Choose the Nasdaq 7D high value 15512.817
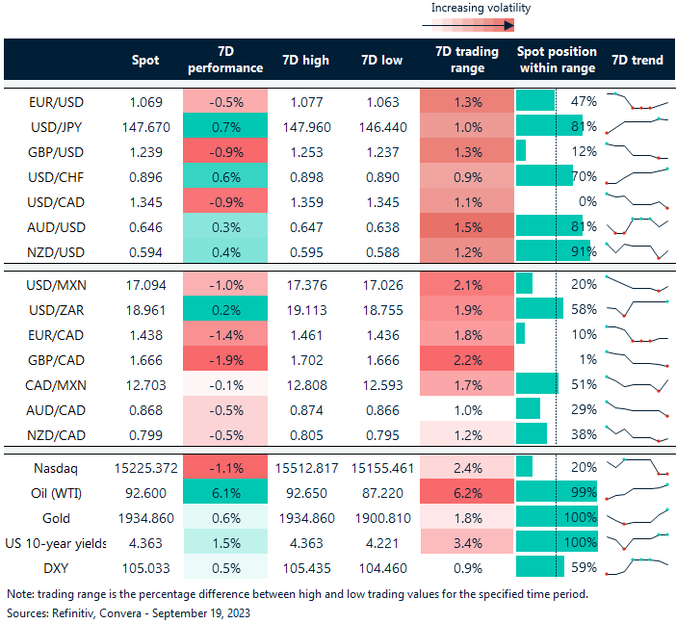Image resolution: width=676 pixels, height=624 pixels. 304,470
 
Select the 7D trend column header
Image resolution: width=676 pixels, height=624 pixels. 637,60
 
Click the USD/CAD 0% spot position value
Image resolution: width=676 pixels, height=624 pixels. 585,202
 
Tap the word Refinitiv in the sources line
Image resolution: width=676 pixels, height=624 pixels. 74,612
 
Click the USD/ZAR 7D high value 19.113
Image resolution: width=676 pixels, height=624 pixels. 304,309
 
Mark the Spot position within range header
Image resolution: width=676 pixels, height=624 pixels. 557,60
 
